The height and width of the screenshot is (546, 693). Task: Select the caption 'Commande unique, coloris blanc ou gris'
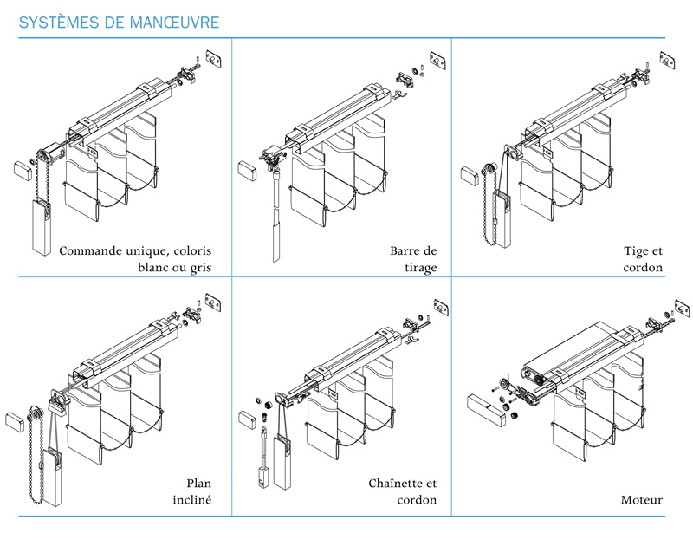tap(135, 259)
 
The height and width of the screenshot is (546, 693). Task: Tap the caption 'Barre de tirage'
tap(413, 259)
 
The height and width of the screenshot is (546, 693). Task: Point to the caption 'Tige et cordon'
tap(643, 259)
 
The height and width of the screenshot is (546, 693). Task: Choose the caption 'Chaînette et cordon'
tap(403, 491)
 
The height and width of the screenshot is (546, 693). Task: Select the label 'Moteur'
tap(642, 500)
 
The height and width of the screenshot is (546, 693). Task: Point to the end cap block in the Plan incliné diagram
tap(16, 421)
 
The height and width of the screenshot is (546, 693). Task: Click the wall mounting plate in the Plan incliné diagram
tap(213, 302)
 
